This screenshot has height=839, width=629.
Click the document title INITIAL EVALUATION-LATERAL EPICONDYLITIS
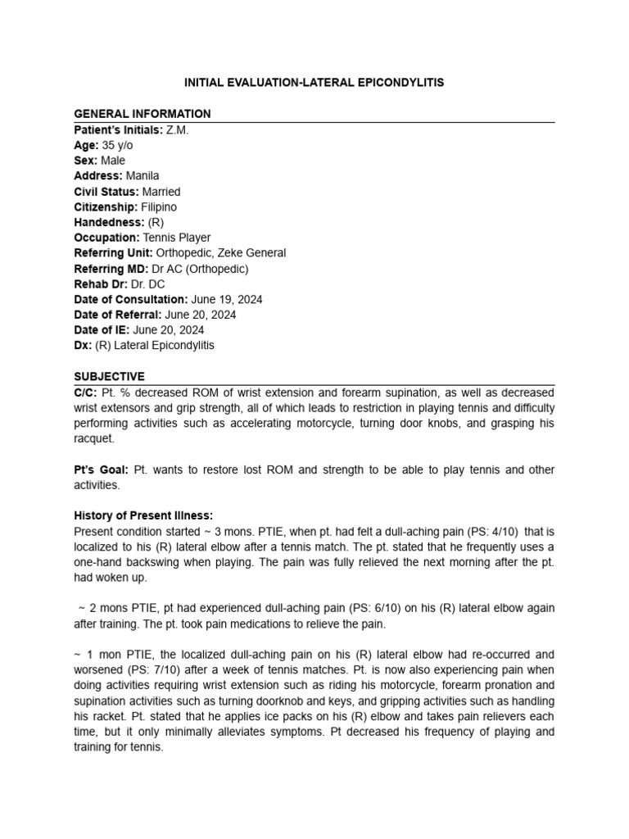tap(314, 83)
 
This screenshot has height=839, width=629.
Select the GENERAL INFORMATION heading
tap(143, 114)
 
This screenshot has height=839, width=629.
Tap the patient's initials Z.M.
tap(177, 129)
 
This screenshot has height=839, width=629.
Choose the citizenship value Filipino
tap(159, 206)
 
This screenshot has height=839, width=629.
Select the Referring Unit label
tap(113, 253)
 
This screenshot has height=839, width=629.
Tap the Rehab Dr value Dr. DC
tap(147, 283)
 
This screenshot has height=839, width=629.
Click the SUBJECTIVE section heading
tap(110, 376)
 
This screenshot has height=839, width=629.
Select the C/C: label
tap(86, 392)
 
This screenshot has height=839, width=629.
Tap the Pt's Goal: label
tap(102, 469)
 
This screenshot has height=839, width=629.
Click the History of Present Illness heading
tap(143, 515)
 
